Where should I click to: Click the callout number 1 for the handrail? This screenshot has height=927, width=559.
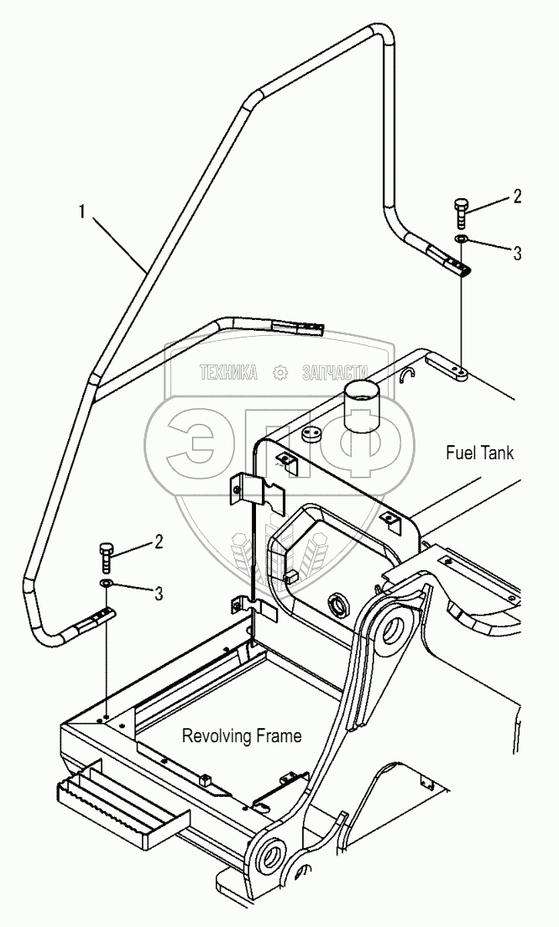81,212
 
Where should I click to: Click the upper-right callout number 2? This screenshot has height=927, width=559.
517,197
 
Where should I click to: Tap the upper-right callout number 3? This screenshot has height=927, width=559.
517,253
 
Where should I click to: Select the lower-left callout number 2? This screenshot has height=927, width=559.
158,542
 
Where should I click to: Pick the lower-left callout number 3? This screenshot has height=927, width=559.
158,594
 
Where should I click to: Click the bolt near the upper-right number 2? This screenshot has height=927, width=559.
461,213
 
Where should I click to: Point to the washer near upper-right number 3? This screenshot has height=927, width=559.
461,241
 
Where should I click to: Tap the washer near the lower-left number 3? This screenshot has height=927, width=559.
105,583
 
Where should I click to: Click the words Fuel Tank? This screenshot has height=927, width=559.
479,453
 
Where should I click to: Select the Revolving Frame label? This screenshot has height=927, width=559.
242,736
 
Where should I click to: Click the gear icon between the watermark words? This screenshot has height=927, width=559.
280,374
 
